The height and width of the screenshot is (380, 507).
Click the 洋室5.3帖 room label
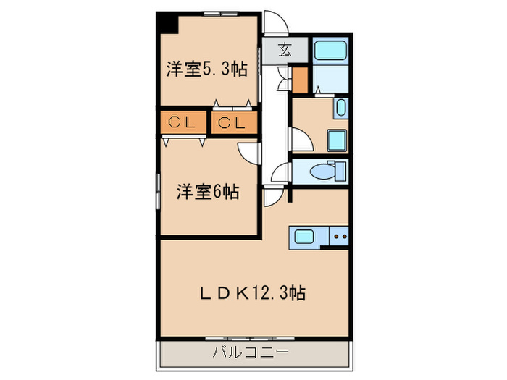pos(206,70)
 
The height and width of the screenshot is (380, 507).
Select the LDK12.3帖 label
pos(252,292)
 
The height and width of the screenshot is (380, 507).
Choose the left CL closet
pos(183,122)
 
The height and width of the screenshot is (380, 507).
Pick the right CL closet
pos(234,122)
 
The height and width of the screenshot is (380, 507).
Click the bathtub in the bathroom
pos(330,51)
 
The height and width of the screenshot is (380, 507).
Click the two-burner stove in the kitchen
pos(340,236)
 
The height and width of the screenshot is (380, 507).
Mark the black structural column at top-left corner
pos(168,22)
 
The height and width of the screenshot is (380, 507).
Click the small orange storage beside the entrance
pos(300,80)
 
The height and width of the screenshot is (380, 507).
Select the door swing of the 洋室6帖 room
pos(250,151)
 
